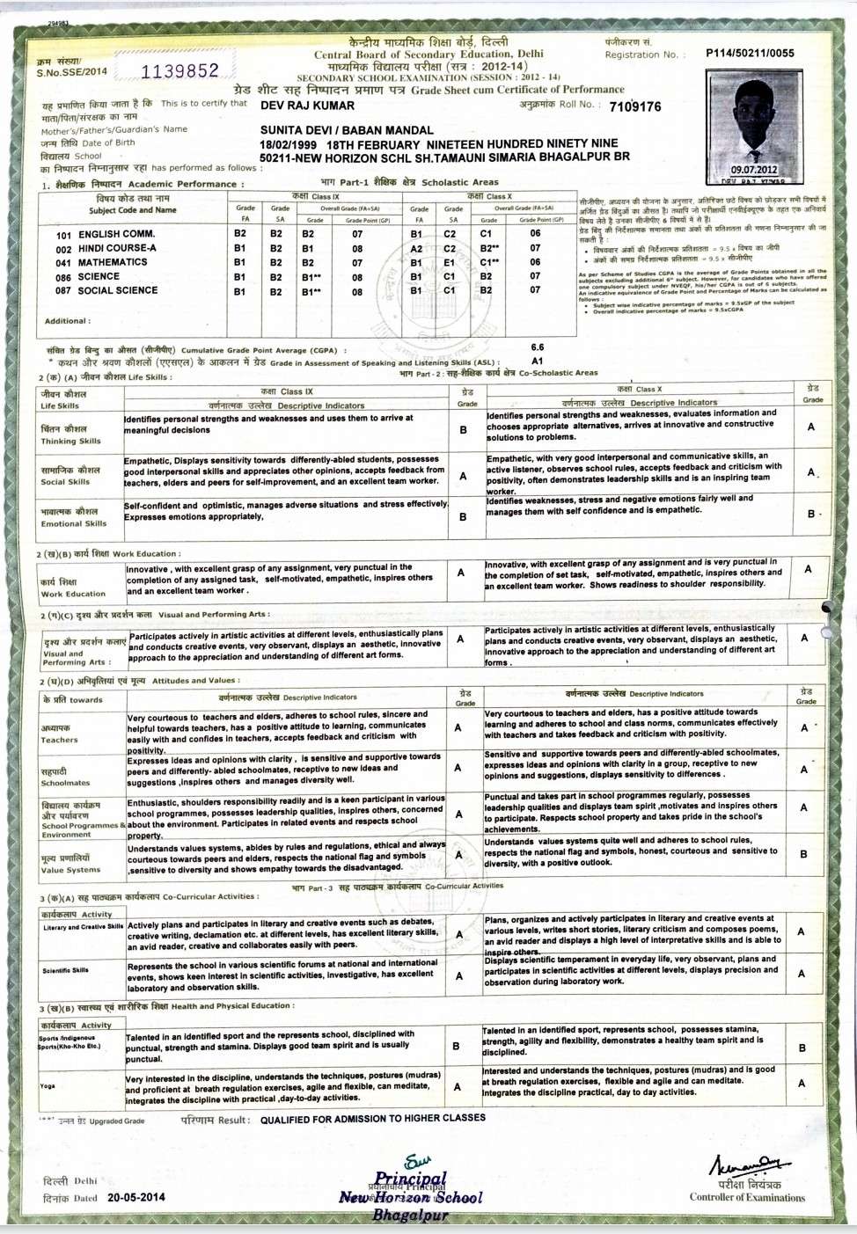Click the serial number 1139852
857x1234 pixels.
pos(179,71)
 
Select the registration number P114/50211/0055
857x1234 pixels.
pos(750,53)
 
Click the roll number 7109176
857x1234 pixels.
pos(634,106)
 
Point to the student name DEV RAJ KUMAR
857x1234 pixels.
pos(307,106)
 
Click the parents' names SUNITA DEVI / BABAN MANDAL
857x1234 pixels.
pos(347,130)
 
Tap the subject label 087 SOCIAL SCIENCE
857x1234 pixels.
pos(106,290)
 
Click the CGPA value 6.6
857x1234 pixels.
pos(538,347)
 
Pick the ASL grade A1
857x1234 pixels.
pos(538,361)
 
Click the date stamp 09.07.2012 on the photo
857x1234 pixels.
pos(754,170)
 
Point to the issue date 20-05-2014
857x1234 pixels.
pos(136,1197)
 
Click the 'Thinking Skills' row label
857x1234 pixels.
pos(70,441)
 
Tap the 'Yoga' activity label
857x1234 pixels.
pos(48,1085)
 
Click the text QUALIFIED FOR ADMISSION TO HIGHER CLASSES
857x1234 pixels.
pos(372,1118)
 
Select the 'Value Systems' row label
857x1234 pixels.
pos(70,870)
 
